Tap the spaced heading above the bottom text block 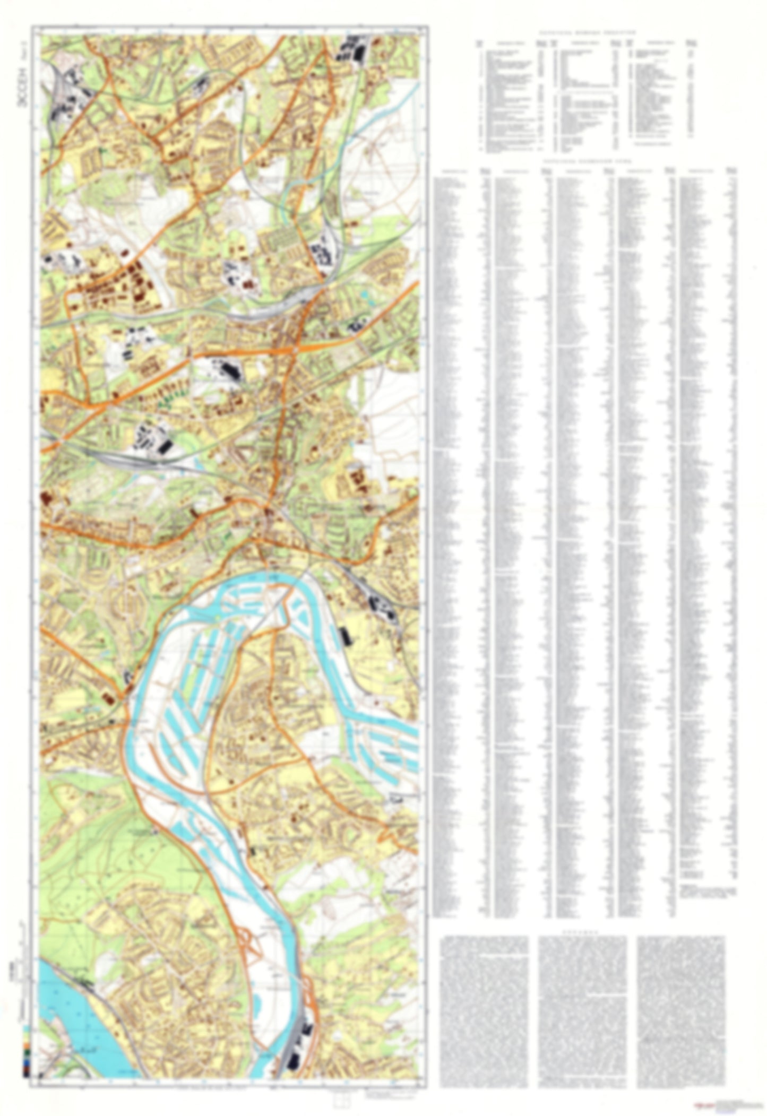pos(582,931)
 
